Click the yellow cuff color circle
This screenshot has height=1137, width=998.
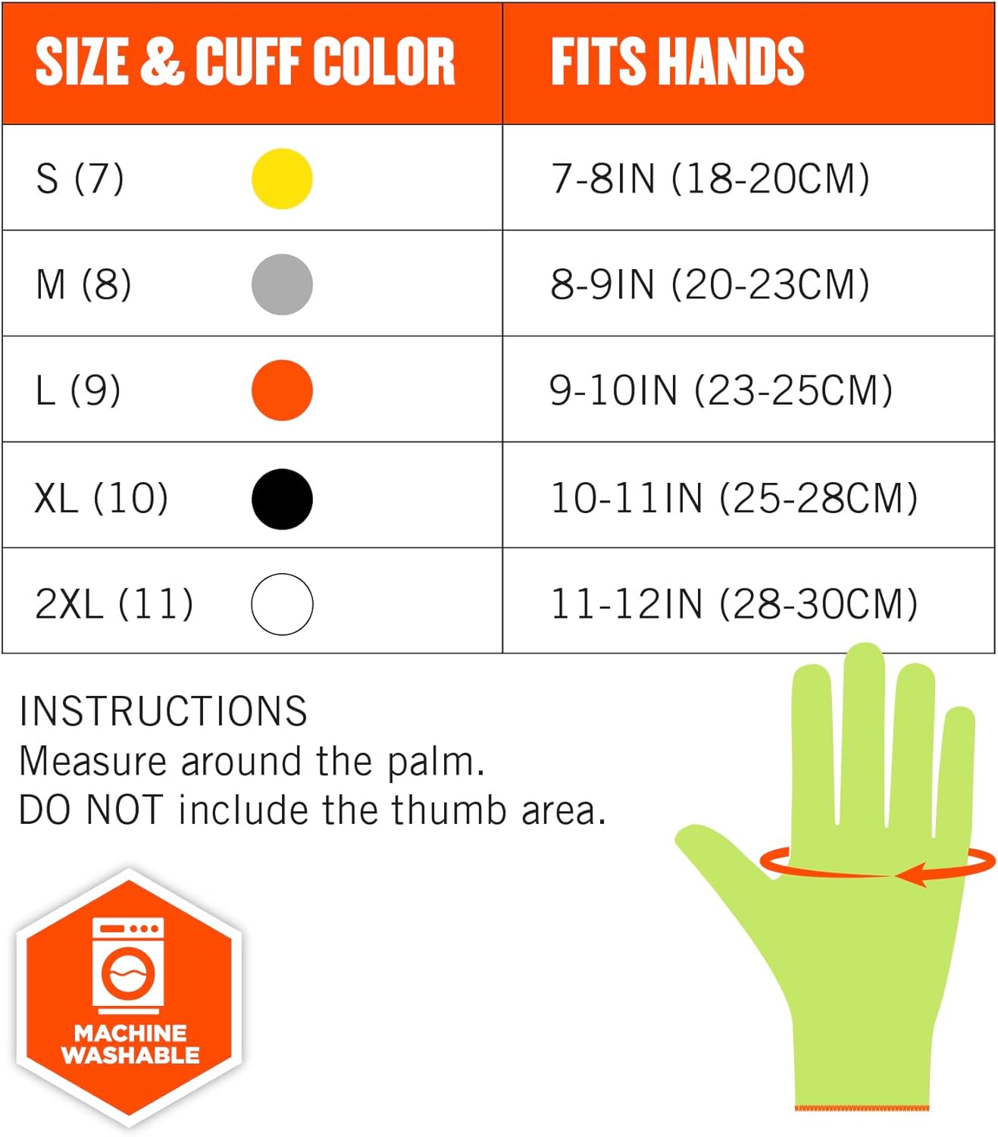tap(282, 179)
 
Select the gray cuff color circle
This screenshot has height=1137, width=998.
tap(282, 284)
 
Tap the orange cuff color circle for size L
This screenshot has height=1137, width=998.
tap(282, 390)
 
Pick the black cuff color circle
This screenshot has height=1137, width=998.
tap(282, 499)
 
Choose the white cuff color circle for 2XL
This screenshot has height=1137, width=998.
tap(282, 604)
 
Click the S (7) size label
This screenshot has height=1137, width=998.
tap(80, 179)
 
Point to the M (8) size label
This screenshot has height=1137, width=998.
tap(83, 285)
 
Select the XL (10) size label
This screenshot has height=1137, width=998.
tap(102, 498)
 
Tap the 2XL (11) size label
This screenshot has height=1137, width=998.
tap(114, 604)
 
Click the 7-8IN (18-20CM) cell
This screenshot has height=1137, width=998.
tap(710, 179)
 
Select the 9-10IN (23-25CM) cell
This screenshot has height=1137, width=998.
tap(721, 390)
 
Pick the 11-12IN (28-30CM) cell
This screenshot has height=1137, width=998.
tap(734, 604)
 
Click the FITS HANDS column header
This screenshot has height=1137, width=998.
tap(677, 61)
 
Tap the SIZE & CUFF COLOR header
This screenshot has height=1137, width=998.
tap(245, 61)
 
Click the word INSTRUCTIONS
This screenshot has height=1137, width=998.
tap(163, 711)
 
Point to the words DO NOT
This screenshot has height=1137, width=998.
tap(90, 810)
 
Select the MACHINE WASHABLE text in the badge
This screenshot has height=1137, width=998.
tap(130, 1044)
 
